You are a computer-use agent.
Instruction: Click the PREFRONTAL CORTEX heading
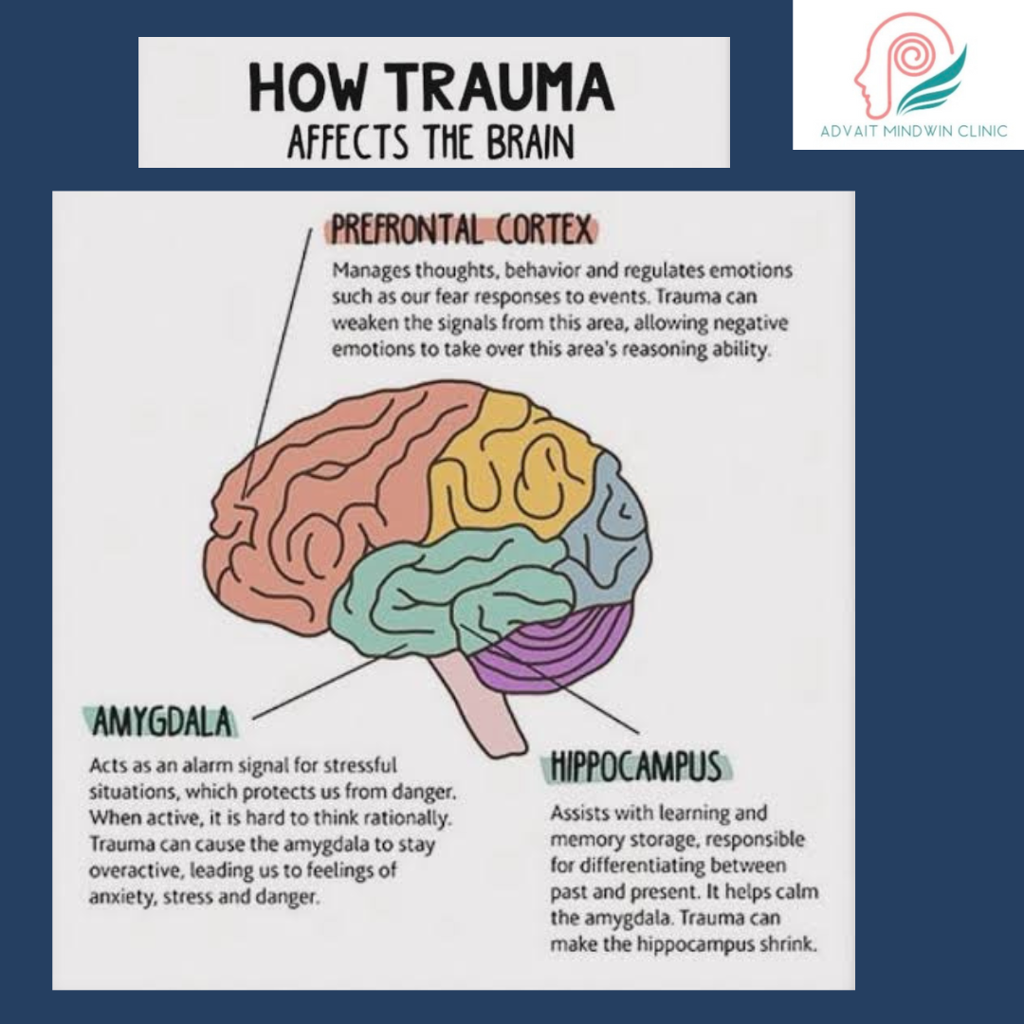coord(461,230)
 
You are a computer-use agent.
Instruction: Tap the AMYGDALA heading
coord(161,723)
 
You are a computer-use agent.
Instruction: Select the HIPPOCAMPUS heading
coord(636,767)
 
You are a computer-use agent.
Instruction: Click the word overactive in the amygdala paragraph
coord(136,870)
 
